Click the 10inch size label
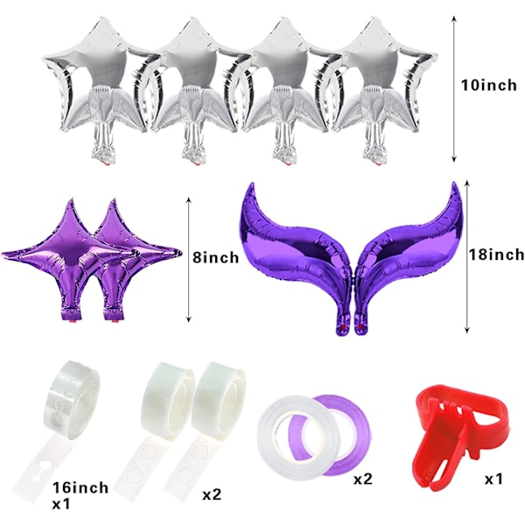pyautogui.click(x=489, y=86)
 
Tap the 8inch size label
pyautogui.click(x=215, y=257)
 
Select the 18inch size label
pyautogui.click(x=496, y=255)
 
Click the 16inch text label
pyautogui.click(x=80, y=487)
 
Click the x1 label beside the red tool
pyautogui.click(x=493, y=479)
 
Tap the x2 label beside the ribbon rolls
pyautogui.click(x=362, y=479)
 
